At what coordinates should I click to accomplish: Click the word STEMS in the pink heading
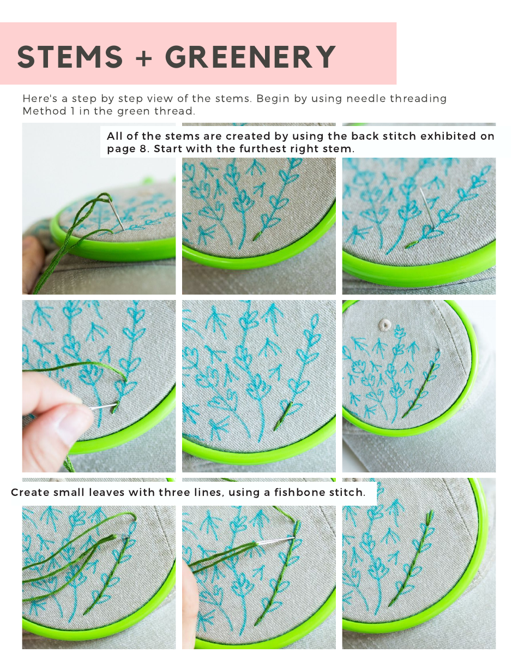(70, 57)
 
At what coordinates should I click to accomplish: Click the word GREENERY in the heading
(250, 57)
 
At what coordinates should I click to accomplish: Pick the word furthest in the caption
(261, 148)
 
